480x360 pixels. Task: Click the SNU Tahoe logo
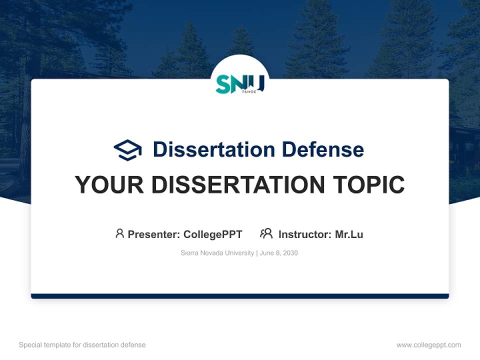coord(239,83)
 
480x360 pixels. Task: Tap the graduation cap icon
coord(127,149)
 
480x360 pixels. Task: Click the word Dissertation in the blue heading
coord(213,149)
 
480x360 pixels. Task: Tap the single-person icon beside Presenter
coord(119,233)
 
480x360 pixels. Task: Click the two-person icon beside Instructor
coord(266,233)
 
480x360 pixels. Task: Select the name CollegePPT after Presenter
coord(213,234)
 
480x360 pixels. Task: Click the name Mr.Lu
coord(349,234)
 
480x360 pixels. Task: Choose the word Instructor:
coord(305,234)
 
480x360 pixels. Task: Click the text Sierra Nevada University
coord(217,253)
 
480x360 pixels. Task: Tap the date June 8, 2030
coord(278,253)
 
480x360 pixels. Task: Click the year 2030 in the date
coord(290,253)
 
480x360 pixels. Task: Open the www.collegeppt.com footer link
coord(428,345)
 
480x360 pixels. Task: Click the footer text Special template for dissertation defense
coord(82,345)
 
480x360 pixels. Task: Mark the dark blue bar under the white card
coord(239,296)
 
